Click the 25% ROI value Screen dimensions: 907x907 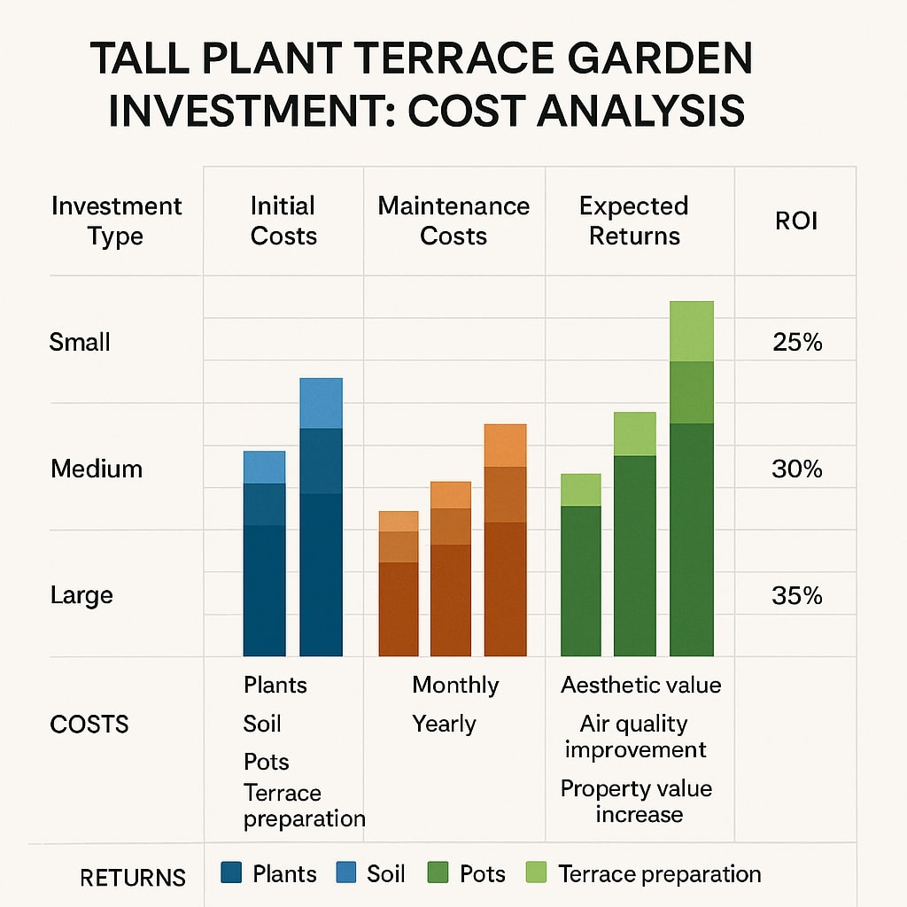(797, 342)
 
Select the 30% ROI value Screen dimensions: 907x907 (797, 469)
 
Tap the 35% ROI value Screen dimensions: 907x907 (797, 595)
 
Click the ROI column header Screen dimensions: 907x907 (796, 221)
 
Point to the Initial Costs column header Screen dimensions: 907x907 (283, 221)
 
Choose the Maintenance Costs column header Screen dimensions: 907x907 (453, 221)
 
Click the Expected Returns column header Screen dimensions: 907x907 (634, 221)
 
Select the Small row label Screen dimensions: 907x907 (80, 342)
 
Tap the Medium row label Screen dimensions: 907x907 (97, 469)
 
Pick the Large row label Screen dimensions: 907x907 (81, 595)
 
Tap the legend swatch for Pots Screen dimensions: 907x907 (438, 873)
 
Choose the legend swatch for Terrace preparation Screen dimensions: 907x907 (537, 873)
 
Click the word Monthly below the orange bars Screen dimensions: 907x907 (455, 686)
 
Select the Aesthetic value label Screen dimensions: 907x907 (641, 686)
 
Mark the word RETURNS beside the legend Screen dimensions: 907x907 (133, 878)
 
